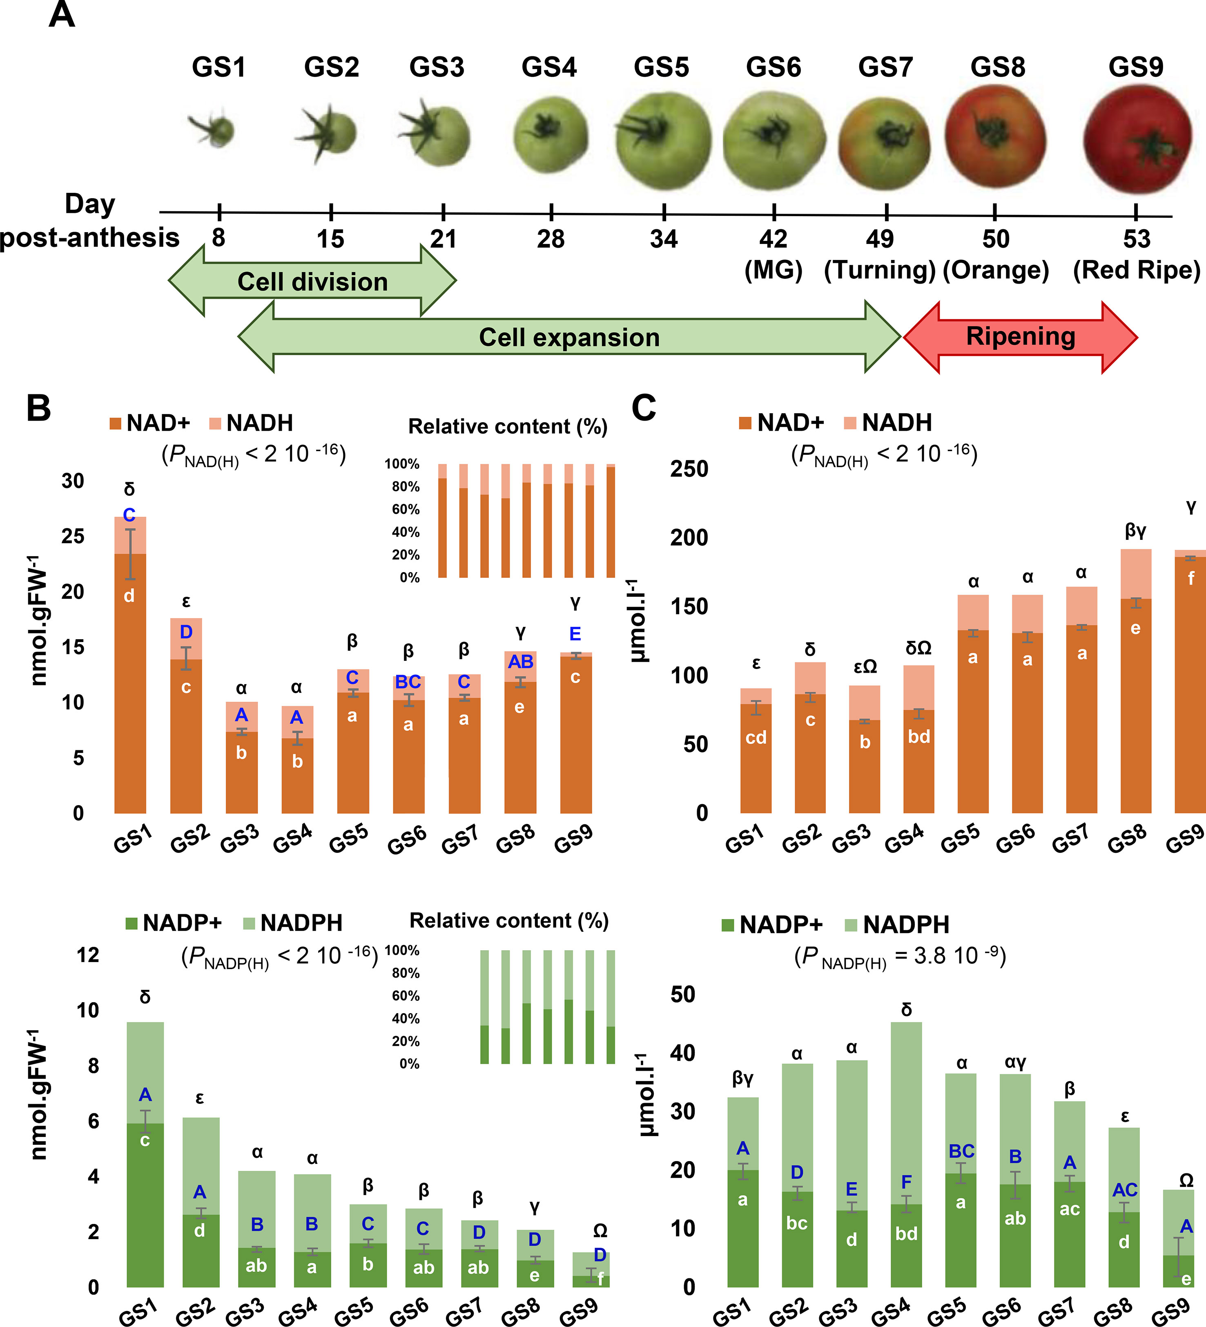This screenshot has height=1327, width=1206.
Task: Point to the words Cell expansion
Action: tap(569, 337)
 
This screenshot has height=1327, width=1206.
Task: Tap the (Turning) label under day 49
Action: tap(880, 270)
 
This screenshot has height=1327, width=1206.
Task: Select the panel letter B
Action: tap(38, 408)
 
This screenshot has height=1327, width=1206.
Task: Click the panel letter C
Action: tap(644, 408)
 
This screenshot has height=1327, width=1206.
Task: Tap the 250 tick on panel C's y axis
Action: tap(689, 469)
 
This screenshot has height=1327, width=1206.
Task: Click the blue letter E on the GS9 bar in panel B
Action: tap(575, 634)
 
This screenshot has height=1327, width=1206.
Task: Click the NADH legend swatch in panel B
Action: tap(215, 424)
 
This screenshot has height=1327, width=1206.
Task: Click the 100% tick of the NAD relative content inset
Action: tap(401, 464)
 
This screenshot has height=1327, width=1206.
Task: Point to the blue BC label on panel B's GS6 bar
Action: tap(408, 682)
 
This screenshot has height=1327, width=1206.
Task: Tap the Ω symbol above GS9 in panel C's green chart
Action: tap(1186, 1181)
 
